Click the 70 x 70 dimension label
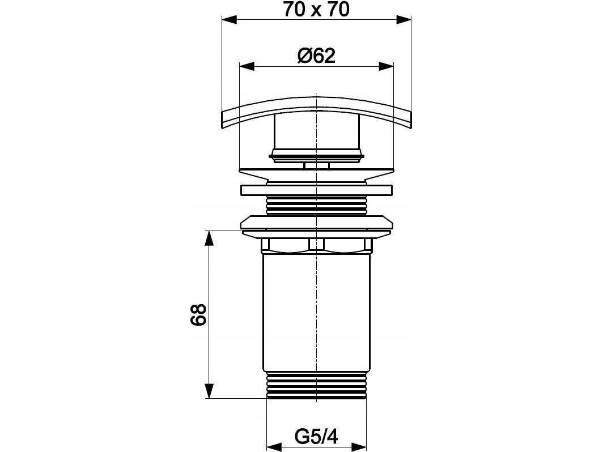click(x=316, y=9)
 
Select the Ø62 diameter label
click(x=316, y=56)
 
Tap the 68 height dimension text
click(x=198, y=315)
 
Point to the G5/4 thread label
click(x=316, y=437)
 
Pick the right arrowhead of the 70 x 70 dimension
click(x=404, y=20)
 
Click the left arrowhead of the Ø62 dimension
click(x=247, y=66)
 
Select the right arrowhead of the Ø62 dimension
click(x=386, y=66)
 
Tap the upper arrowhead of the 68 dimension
click(x=209, y=238)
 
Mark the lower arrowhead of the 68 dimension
click(x=209, y=391)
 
